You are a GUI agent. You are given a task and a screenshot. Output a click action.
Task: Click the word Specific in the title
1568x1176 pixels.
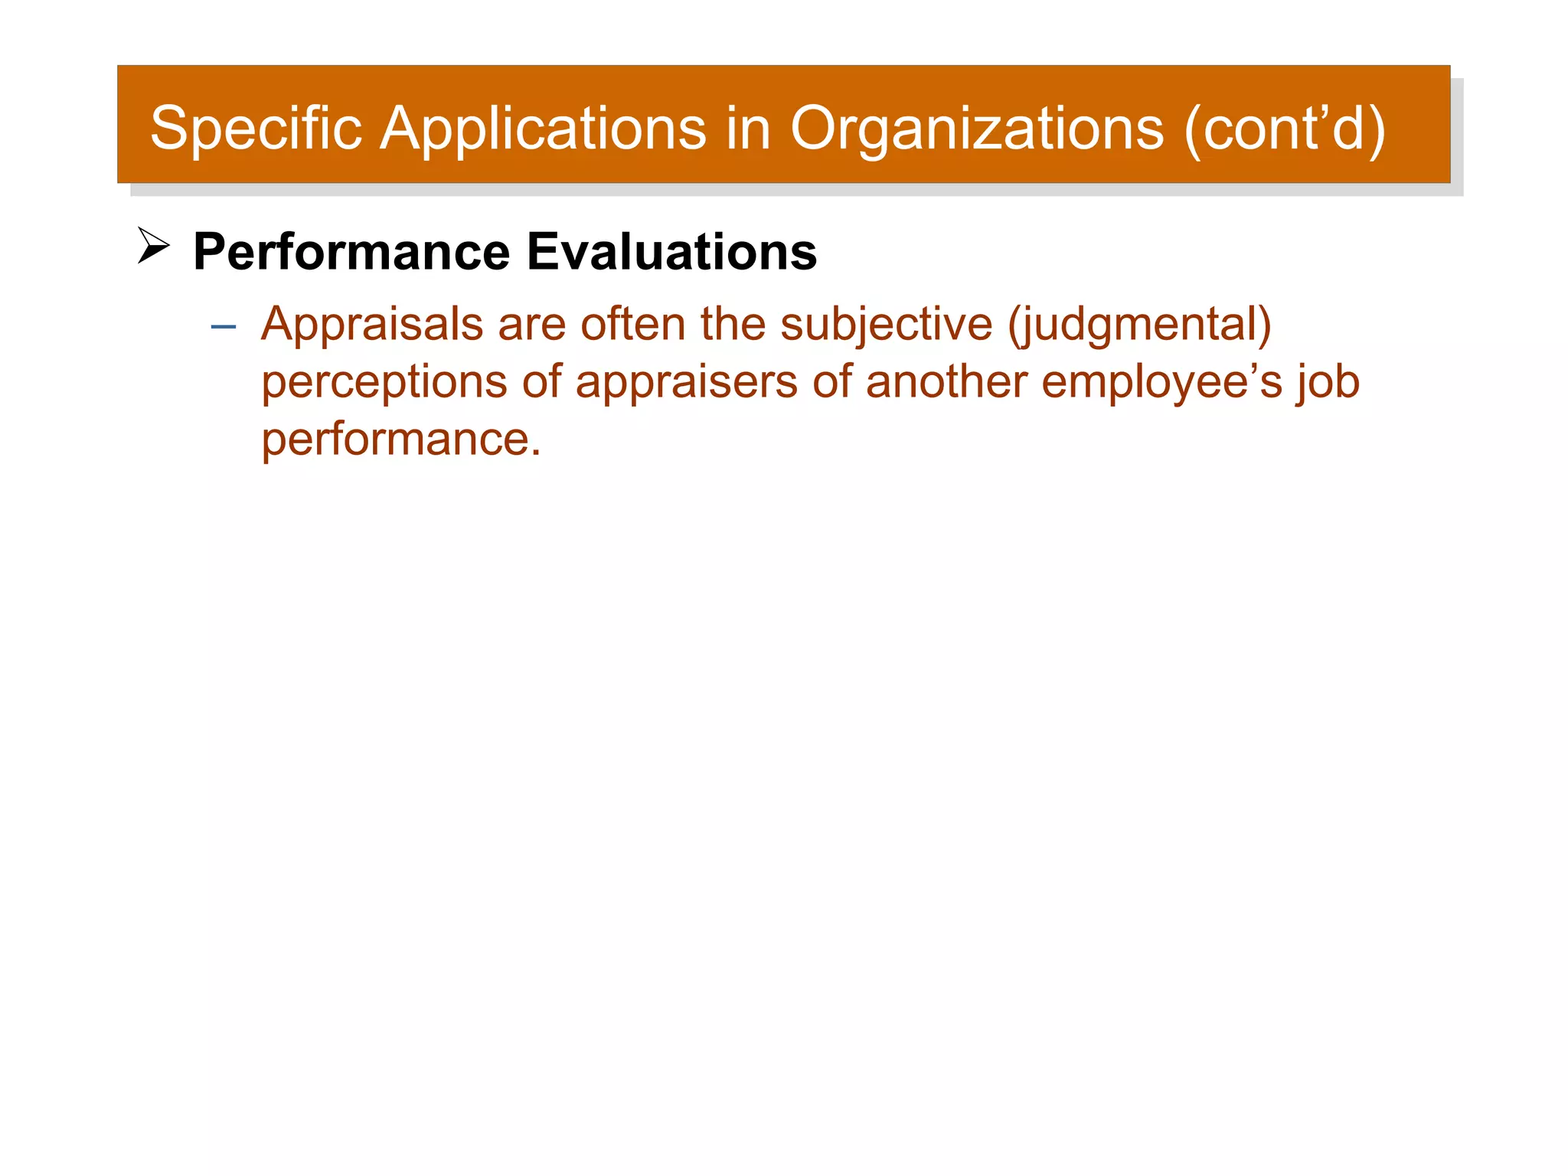tap(256, 128)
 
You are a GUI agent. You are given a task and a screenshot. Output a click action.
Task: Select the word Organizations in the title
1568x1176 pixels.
tap(977, 128)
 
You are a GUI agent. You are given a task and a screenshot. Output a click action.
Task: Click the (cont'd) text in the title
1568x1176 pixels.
tap(1285, 128)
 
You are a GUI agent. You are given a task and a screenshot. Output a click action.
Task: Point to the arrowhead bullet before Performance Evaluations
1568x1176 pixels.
tap(153, 246)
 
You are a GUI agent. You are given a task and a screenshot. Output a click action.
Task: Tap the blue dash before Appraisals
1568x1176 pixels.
tap(223, 327)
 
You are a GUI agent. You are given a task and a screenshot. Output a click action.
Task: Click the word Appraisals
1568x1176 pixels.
tap(372, 325)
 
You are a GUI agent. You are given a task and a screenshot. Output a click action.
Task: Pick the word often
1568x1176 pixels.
tap(632, 323)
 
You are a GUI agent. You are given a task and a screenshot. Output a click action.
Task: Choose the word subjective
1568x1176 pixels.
tap(886, 325)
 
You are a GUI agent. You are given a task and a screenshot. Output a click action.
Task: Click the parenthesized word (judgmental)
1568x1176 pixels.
tap(1139, 325)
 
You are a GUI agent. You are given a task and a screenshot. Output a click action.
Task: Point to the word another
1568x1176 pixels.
tap(946, 381)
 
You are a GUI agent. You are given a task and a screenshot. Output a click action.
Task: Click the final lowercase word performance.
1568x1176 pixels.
tap(400, 440)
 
